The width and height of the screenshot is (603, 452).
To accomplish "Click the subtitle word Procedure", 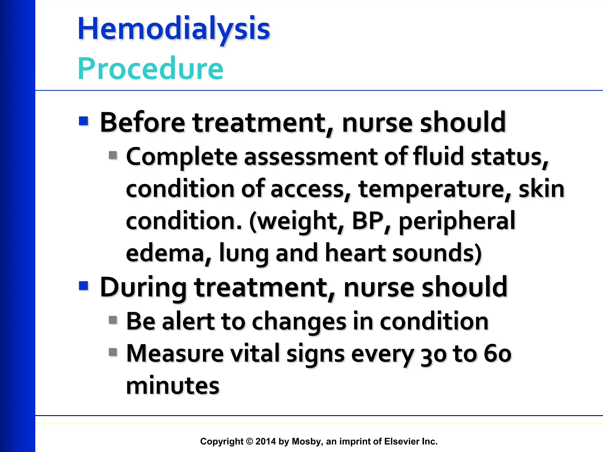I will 150,69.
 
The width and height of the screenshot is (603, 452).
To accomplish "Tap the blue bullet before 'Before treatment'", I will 84,121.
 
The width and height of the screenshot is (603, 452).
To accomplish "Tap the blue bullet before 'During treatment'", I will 84,286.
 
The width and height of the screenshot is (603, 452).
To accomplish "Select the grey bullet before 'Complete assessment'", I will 113,155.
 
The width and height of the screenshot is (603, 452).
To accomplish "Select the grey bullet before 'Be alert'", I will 113,320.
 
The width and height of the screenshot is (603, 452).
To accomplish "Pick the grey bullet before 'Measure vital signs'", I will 113,352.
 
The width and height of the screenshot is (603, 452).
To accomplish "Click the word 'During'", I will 143,287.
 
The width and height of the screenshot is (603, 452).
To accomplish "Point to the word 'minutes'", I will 173,386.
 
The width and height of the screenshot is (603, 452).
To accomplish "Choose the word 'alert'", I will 188,321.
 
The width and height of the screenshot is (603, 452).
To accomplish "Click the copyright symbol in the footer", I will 249,441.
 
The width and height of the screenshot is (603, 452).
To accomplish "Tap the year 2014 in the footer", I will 266,441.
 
